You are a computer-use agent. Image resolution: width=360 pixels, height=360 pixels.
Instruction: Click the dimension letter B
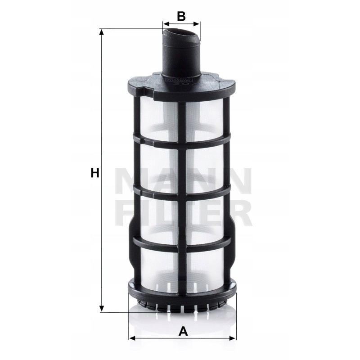point(181,16)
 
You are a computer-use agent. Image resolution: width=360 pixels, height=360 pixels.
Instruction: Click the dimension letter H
point(94,172)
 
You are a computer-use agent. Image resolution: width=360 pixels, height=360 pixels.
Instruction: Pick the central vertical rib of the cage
point(182,189)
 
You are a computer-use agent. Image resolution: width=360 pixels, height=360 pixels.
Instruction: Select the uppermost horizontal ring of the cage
point(182,140)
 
